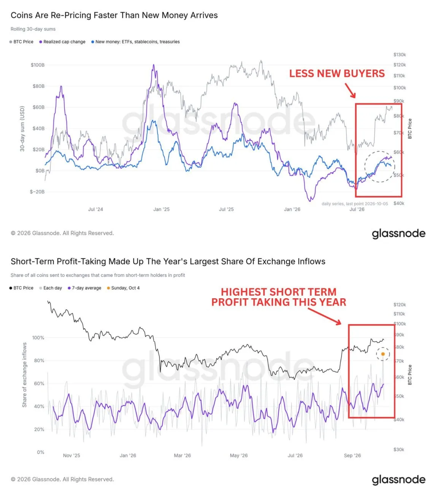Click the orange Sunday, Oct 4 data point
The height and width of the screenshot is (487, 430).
383,354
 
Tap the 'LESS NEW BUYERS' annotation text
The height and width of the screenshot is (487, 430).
336,73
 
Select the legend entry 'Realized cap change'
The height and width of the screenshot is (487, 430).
62,41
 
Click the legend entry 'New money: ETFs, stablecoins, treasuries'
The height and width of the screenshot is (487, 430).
135,41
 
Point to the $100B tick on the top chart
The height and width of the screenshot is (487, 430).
38,65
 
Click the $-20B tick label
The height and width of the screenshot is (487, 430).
37,192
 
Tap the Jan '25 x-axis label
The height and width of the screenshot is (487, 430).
162,209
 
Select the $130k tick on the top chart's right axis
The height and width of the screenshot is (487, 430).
400,54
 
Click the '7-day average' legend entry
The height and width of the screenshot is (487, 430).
84,288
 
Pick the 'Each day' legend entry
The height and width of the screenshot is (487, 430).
51,288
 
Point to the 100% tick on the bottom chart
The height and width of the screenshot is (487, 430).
38,337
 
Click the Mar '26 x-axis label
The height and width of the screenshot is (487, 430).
182,455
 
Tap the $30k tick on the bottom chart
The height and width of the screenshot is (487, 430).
398,449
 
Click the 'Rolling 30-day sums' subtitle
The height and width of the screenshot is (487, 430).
33,29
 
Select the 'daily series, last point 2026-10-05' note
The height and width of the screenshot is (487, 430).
355,204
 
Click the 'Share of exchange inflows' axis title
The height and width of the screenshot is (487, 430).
24,375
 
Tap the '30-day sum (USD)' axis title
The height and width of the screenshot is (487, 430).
22,129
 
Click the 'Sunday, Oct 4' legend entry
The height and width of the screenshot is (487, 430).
123,288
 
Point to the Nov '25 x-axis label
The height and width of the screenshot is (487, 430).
71,455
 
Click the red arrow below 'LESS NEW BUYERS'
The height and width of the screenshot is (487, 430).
350,91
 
